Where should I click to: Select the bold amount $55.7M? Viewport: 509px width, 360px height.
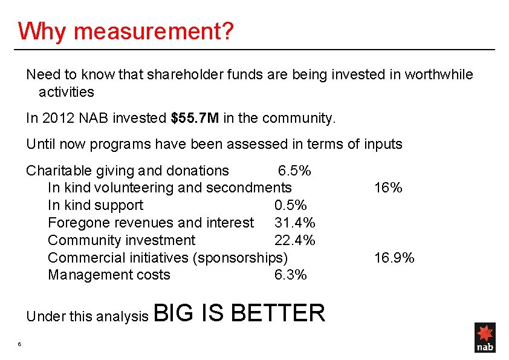point(195,118)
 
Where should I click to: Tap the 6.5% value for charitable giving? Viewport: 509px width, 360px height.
point(294,171)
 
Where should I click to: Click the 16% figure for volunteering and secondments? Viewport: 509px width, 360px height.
point(388,188)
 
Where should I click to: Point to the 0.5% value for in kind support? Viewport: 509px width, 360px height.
point(290,206)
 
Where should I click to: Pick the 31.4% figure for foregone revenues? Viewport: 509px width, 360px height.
point(294,223)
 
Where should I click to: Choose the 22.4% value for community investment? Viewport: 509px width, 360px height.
point(294,241)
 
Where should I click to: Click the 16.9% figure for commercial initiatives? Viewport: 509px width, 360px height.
point(394,258)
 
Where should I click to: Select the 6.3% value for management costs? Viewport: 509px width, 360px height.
point(290,275)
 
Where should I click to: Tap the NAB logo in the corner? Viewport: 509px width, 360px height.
point(485,338)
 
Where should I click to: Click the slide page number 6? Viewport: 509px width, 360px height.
point(20,345)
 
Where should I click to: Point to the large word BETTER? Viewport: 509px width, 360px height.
point(277,313)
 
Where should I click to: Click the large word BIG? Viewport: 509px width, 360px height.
point(175,313)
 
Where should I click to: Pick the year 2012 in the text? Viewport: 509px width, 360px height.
point(59,118)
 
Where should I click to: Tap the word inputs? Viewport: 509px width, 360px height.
point(383,145)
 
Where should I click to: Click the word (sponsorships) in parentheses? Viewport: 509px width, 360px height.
point(240,258)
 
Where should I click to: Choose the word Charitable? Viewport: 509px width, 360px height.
point(54,171)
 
